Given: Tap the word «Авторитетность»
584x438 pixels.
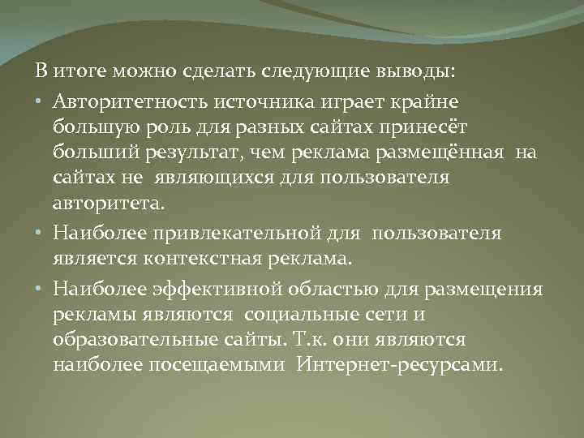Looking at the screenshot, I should tap(129, 101).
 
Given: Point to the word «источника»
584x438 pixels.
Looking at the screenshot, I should tap(257, 101).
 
